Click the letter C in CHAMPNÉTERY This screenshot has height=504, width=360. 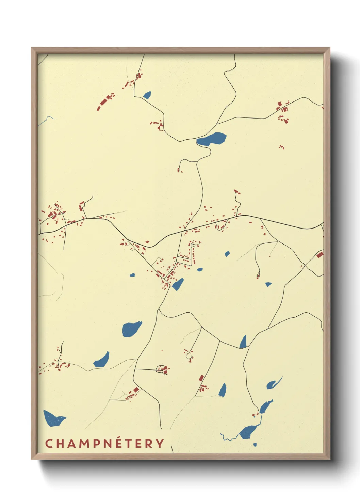[x=49, y=443]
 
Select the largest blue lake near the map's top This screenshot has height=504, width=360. [x=212, y=139]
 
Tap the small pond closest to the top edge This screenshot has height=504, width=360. [x=147, y=95]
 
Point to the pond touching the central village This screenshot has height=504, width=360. [x=178, y=284]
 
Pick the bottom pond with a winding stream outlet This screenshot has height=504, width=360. [x=248, y=432]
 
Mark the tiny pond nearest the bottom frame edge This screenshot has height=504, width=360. [x=255, y=444]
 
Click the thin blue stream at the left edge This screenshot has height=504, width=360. [x=46, y=120]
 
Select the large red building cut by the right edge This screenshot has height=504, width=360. [x=320, y=254]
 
